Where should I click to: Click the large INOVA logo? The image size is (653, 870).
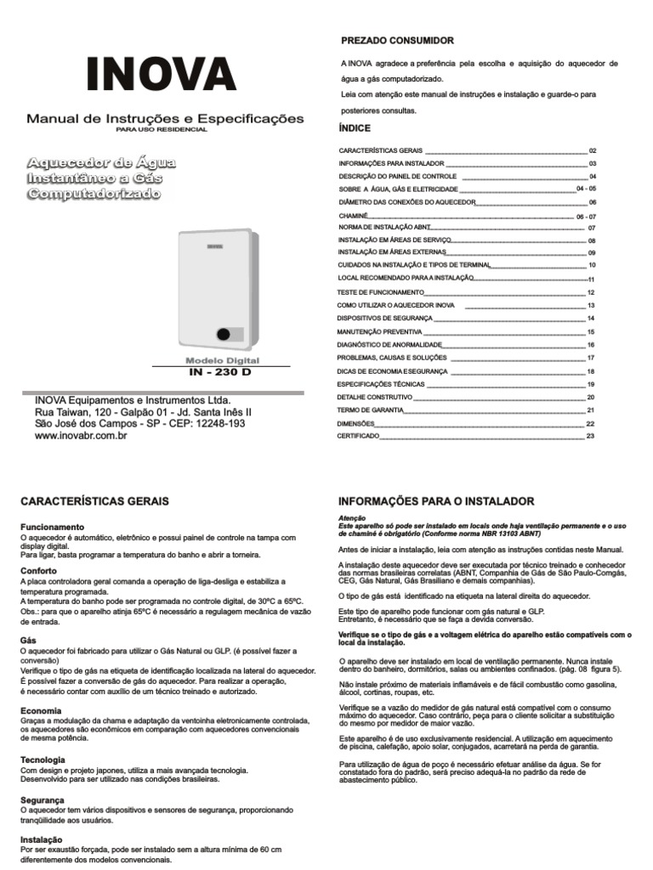[x=161, y=75]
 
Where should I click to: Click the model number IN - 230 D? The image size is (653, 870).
[x=220, y=373]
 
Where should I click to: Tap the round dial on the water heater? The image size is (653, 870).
[x=223, y=334]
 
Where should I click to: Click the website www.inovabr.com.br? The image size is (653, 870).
[x=81, y=436]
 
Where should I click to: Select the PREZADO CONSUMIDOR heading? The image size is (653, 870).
[x=397, y=41]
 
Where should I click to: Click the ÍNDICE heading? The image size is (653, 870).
[x=355, y=128]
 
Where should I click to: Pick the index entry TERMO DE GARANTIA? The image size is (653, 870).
[x=370, y=410]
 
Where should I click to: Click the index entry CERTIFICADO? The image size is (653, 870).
[x=359, y=437]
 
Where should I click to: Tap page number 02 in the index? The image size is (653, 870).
[x=593, y=150]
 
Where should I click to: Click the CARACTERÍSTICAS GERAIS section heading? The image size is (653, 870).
[x=94, y=502]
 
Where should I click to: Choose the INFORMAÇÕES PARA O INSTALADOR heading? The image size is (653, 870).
[x=436, y=502]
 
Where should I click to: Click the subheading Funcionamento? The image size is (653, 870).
[x=52, y=527]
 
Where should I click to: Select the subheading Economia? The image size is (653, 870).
[x=41, y=710]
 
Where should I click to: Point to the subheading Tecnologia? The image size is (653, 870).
[x=43, y=760]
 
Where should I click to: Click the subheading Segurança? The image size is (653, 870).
[x=43, y=800]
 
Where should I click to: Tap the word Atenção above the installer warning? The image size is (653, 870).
[x=351, y=518]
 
